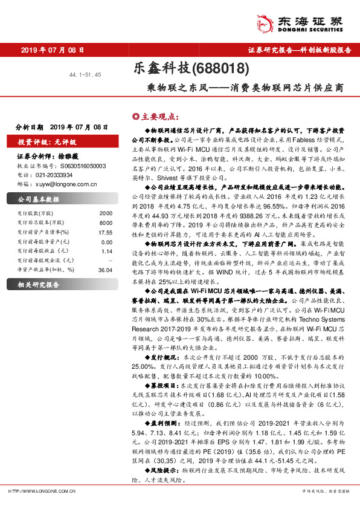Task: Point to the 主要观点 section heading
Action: (156, 115)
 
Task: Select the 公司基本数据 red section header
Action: (39, 199)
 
